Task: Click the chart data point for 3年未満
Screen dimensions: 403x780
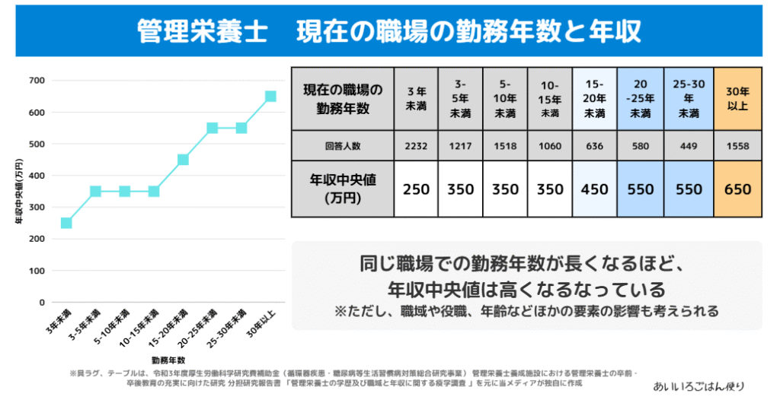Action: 66,223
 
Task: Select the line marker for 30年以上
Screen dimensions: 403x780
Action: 270,97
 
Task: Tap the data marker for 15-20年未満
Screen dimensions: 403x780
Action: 183,160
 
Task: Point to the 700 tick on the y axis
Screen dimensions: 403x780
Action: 37,81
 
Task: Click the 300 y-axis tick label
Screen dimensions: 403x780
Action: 37,208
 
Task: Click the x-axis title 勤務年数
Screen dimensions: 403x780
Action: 168,360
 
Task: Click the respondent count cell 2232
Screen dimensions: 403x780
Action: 417,146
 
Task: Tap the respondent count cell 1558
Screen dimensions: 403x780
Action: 737,146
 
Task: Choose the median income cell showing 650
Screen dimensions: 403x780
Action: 737,189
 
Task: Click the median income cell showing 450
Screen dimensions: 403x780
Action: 594,189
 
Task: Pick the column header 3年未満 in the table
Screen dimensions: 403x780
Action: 417,99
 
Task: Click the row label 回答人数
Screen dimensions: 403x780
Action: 342,146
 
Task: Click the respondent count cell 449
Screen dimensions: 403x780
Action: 689,146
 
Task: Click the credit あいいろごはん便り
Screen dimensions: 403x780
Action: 698,386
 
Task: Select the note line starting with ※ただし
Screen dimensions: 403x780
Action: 526,311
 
